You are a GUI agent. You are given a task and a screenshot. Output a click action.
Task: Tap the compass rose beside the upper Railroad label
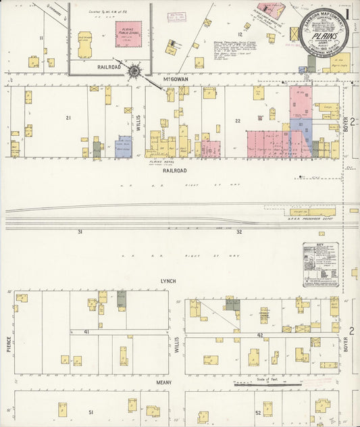[135, 70]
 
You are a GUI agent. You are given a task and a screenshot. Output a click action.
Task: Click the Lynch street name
[168, 280]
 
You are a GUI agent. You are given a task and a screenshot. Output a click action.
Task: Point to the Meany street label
[164, 382]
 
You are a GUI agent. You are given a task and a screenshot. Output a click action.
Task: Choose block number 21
[68, 118]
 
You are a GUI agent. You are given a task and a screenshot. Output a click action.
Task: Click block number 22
[238, 120]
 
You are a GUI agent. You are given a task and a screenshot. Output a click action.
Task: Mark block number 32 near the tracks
[238, 232]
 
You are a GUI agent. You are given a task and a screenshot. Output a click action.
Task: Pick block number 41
[86, 332]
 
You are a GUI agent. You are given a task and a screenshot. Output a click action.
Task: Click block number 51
[91, 411]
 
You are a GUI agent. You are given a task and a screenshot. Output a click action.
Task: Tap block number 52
[257, 412]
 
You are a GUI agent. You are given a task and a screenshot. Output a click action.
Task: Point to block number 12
[239, 34]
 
